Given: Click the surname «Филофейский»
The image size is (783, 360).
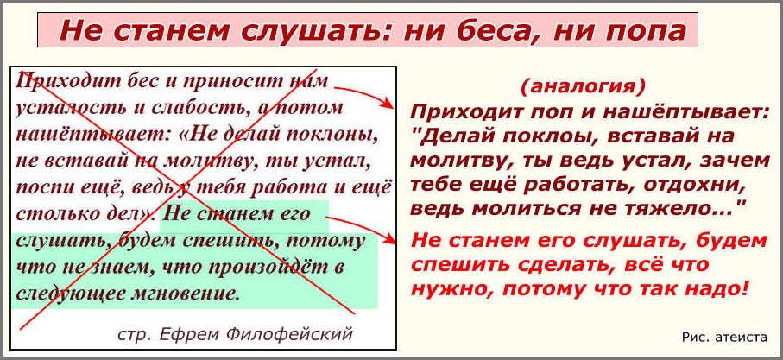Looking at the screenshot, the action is point(289,333).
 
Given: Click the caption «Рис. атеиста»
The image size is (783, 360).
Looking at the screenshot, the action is point(723,338).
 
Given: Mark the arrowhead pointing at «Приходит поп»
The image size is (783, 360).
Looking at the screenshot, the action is point(387,103).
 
